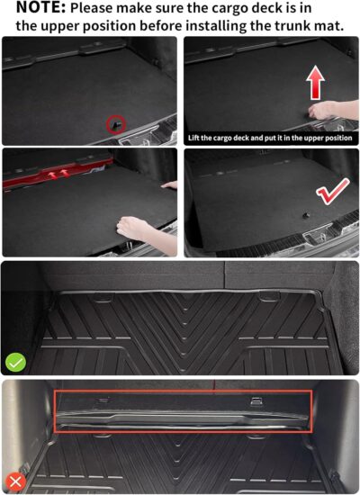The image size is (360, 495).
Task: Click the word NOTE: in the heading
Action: tap(34, 8)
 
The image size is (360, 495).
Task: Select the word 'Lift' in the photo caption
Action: tap(197, 139)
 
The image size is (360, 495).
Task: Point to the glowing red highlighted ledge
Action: tap(54, 176)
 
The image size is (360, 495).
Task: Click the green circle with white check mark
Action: tap(15, 363)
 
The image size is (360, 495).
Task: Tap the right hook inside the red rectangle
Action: tap(256, 401)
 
